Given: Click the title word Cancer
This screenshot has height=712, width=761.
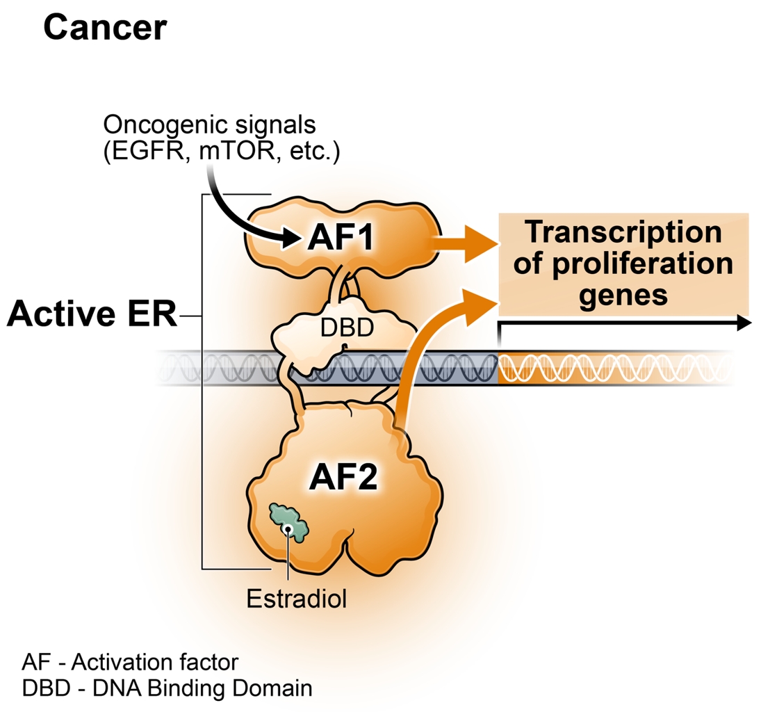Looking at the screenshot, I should tap(105, 28).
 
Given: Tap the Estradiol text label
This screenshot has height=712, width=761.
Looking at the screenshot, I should tap(297, 598).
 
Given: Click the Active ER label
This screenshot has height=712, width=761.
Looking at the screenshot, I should tap(92, 315).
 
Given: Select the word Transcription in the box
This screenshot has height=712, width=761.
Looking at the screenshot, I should tap(624, 233).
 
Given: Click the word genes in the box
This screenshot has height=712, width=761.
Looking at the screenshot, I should tap(624, 296).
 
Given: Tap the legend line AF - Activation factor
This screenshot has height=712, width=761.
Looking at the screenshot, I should tap(134, 661).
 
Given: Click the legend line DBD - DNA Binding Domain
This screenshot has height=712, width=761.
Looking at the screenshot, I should tap(167, 688).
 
